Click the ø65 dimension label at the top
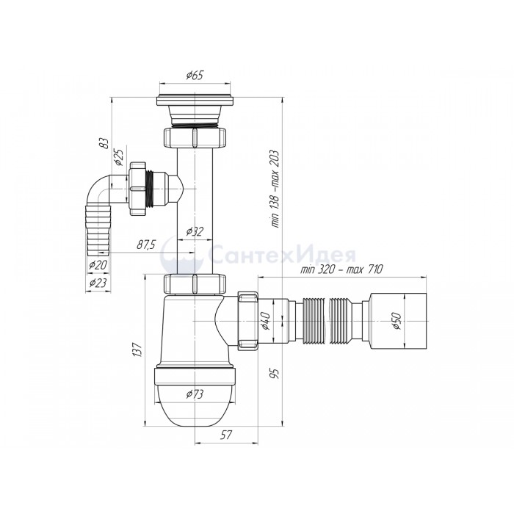coord(195,76)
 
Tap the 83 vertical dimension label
coord(104,143)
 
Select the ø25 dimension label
coord(118,157)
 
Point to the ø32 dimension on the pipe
coord(195,231)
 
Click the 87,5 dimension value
coord(146,245)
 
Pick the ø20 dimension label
coord(98,264)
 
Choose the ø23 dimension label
coord(98,283)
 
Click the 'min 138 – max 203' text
coord(275,189)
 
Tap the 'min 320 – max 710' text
coord(341,269)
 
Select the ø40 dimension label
coord(266,322)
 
